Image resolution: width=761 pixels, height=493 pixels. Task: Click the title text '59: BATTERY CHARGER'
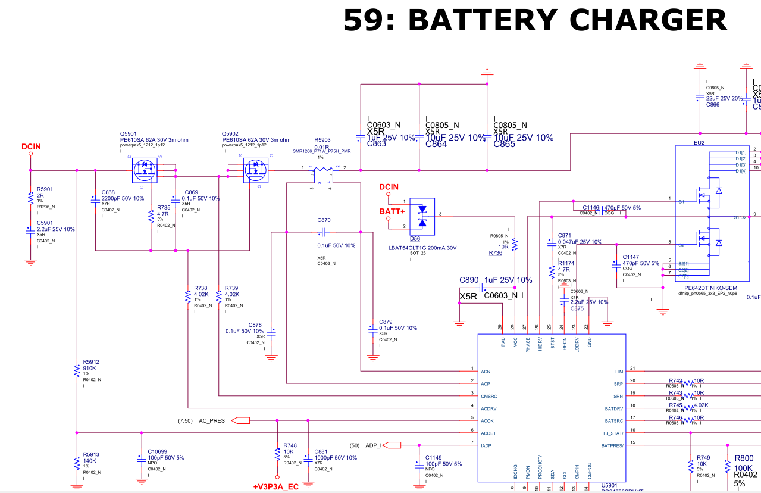pyautogui.click(x=535, y=20)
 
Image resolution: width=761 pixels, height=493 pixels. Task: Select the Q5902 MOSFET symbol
pyautogui.click(x=256, y=171)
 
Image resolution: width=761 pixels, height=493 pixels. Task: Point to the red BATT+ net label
pyautogui.click(x=392, y=211)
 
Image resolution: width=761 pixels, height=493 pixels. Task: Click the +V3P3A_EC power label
pyautogui.click(x=275, y=486)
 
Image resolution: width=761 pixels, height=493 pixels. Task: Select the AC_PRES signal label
pyautogui.click(x=212, y=420)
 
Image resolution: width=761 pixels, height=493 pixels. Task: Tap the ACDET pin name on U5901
pyautogui.click(x=488, y=433)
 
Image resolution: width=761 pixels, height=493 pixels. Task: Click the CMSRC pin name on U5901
pyautogui.click(x=489, y=395)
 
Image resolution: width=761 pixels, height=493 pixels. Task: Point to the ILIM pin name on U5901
pyautogui.click(x=618, y=372)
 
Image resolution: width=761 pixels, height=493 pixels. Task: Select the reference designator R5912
pyautogui.click(x=91, y=361)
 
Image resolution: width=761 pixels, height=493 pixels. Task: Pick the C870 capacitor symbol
pyautogui.click(x=324, y=232)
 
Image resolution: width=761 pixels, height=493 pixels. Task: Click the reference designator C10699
pyautogui.click(x=158, y=452)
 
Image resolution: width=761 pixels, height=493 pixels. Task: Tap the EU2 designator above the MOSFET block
pyautogui.click(x=699, y=143)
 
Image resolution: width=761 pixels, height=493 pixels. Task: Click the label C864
pyautogui.click(x=436, y=144)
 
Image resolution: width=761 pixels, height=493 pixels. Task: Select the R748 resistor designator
pyautogui.click(x=290, y=445)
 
